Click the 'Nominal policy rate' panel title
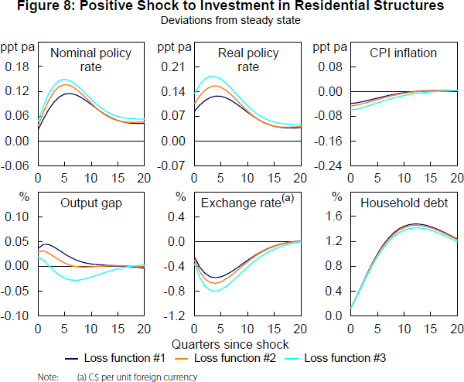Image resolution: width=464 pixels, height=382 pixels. pos(90,60)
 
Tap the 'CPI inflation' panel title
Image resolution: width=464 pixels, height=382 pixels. pos(404,53)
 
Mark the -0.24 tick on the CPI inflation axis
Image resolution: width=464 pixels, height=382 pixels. pos(326,167)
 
